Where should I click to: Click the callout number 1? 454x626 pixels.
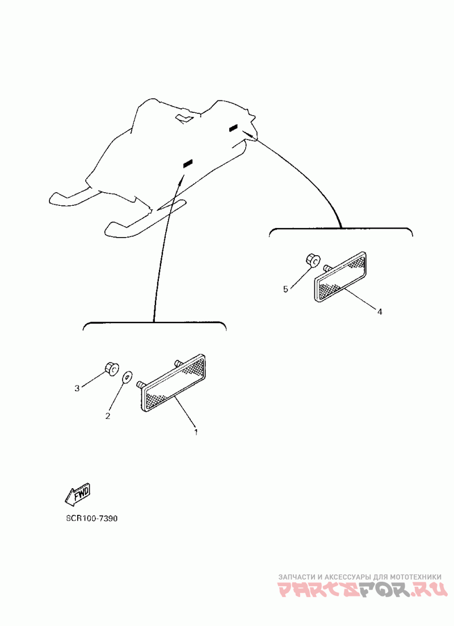click(196, 432)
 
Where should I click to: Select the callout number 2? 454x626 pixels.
click(107, 416)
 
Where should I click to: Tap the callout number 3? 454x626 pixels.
click(77, 388)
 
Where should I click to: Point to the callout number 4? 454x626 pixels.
click(380, 311)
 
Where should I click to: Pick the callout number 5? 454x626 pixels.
click(286, 289)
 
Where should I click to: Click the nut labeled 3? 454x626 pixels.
click(111, 369)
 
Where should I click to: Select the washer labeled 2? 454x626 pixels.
click(127, 375)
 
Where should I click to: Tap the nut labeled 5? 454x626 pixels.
click(311, 260)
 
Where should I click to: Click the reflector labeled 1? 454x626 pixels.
click(173, 384)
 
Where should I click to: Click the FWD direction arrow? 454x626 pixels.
click(78, 495)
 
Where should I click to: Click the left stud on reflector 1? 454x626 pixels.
click(140, 385)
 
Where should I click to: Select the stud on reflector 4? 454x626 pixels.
click(327, 267)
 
